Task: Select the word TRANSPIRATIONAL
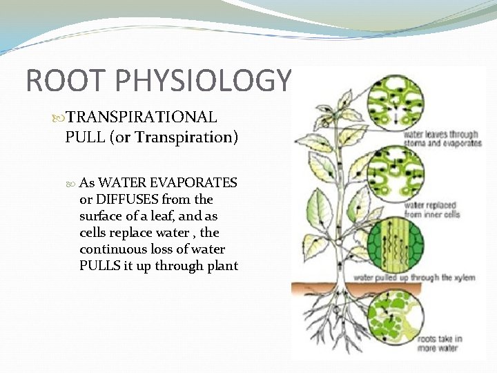tap(142, 118)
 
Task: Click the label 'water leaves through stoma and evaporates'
tap(442, 139)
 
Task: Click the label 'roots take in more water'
tap(439, 343)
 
